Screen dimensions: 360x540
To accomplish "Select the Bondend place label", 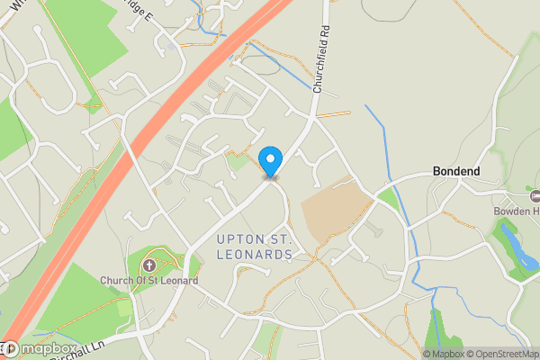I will click(456, 171).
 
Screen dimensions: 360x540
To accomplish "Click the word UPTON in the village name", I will click(242, 238).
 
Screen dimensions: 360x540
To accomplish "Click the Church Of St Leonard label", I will click(148, 281).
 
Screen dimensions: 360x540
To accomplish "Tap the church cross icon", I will click(148, 265).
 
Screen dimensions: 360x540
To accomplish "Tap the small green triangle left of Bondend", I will click(387, 197).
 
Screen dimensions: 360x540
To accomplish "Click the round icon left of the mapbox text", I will click(10, 349).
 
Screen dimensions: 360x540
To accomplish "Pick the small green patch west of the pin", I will click(237, 162).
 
